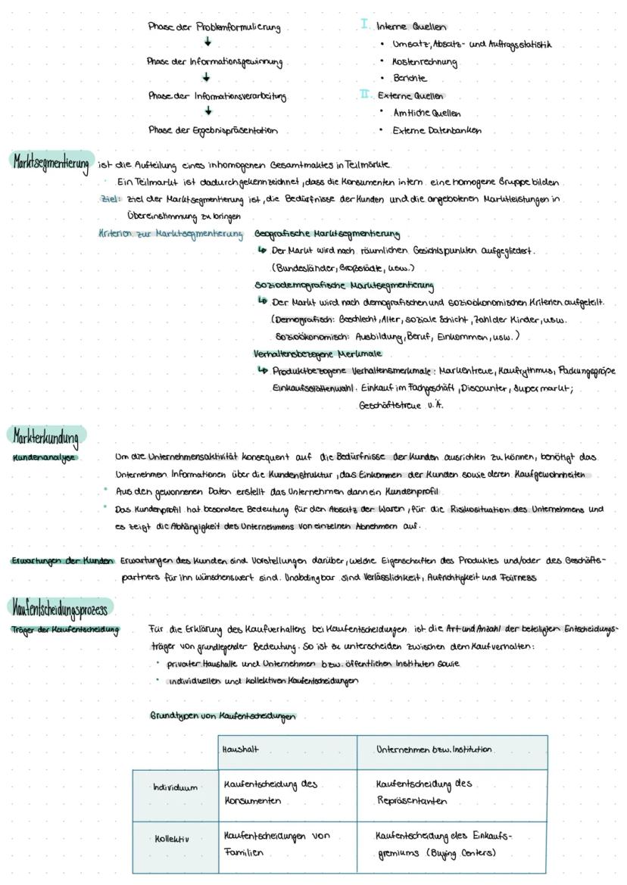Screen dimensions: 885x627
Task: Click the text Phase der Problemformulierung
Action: point(214,28)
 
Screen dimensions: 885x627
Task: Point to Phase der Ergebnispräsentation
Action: point(213,130)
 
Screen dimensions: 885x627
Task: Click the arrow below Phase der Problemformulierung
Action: point(207,44)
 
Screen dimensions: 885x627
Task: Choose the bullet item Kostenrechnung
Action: point(424,62)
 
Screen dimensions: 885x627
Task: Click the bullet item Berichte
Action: point(409,79)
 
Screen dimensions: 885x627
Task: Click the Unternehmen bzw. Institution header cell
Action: point(433,750)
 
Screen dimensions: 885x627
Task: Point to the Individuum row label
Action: point(174,788)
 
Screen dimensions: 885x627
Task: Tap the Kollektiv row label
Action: point(171,839)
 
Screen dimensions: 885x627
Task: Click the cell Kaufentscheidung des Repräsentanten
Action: point(424,791)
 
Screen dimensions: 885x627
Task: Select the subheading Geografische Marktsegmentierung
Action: point(327,234)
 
